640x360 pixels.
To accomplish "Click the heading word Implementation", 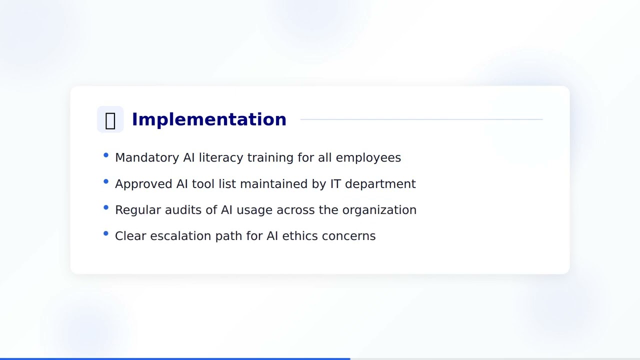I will pos(209,119).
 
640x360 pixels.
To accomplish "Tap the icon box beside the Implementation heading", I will pos(110,119).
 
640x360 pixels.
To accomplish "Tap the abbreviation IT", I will pos(335,184).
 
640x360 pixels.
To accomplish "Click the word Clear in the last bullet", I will pos(130,236).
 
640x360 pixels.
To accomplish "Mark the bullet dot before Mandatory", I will pos(106,155).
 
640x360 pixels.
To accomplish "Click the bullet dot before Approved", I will pos(106,181).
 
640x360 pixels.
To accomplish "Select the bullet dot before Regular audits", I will pos(106,207).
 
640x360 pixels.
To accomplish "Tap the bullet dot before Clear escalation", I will pos(106,233).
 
